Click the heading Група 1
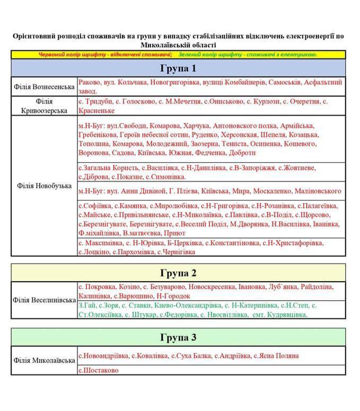tap(178, 68)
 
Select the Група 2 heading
tap(178, 273)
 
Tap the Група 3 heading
tap(178, 337)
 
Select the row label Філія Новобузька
tap(44, 186)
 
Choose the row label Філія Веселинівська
tap(44, 300)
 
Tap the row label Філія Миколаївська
tap(44, 360)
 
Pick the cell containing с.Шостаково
tap(99, 370)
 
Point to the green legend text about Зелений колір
tap(248, 55)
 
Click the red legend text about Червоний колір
tap(105, 55)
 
